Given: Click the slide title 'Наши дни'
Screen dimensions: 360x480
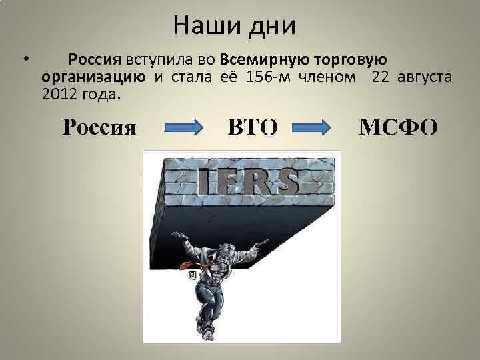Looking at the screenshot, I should pyautogui.click(x=233, y=27).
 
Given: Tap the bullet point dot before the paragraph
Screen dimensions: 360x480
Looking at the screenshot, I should pyautogui.click(x=25, y=59).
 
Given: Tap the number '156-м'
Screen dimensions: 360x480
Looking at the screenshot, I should pyautogui.click(x=267, y=77).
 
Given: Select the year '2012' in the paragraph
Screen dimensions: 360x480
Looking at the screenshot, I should pyautogui.click(x=58, y=95).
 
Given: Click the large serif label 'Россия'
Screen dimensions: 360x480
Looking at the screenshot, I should pyautogui.click(x=99, y=126).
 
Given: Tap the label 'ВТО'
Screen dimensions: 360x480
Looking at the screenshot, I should pyautogui.click(x=252, y=126).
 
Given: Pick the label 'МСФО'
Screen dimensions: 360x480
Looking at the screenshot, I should pyautogui.click(x=399, y=126).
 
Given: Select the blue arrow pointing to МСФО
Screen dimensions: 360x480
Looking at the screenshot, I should pyautogui.click(x=312, y=127).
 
